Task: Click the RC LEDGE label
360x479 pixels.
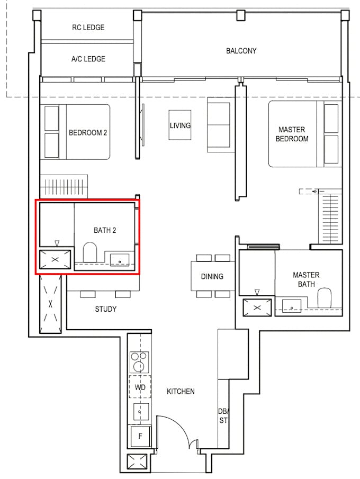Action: click(x=88, y=28)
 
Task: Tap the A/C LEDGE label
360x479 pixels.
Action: click(x=88, y=59)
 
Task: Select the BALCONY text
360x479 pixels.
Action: click(x=241, y=51)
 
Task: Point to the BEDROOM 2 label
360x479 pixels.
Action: click(x=88, y=132)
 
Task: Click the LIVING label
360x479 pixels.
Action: click(x=180, y=125)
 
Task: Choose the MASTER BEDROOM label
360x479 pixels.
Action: click(x=293, y=134)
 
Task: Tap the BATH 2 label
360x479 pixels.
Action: click(x=105, y=230)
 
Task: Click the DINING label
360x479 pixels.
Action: click(x=212, y=276)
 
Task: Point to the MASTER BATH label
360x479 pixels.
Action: click(x=306, y=279)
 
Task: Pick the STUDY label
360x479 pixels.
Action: click(x=105, y=309)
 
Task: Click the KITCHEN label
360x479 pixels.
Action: click(x=181, y=392)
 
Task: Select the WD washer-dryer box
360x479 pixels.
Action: click(x=140, y=387)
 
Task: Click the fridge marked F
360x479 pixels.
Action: click(x=140, y=437)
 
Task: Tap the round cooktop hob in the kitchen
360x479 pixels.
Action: click(x=140, y=366)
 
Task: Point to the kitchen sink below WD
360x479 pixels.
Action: click(x=140, y=411)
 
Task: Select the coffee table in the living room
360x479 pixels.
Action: click(x=180, y=125)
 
